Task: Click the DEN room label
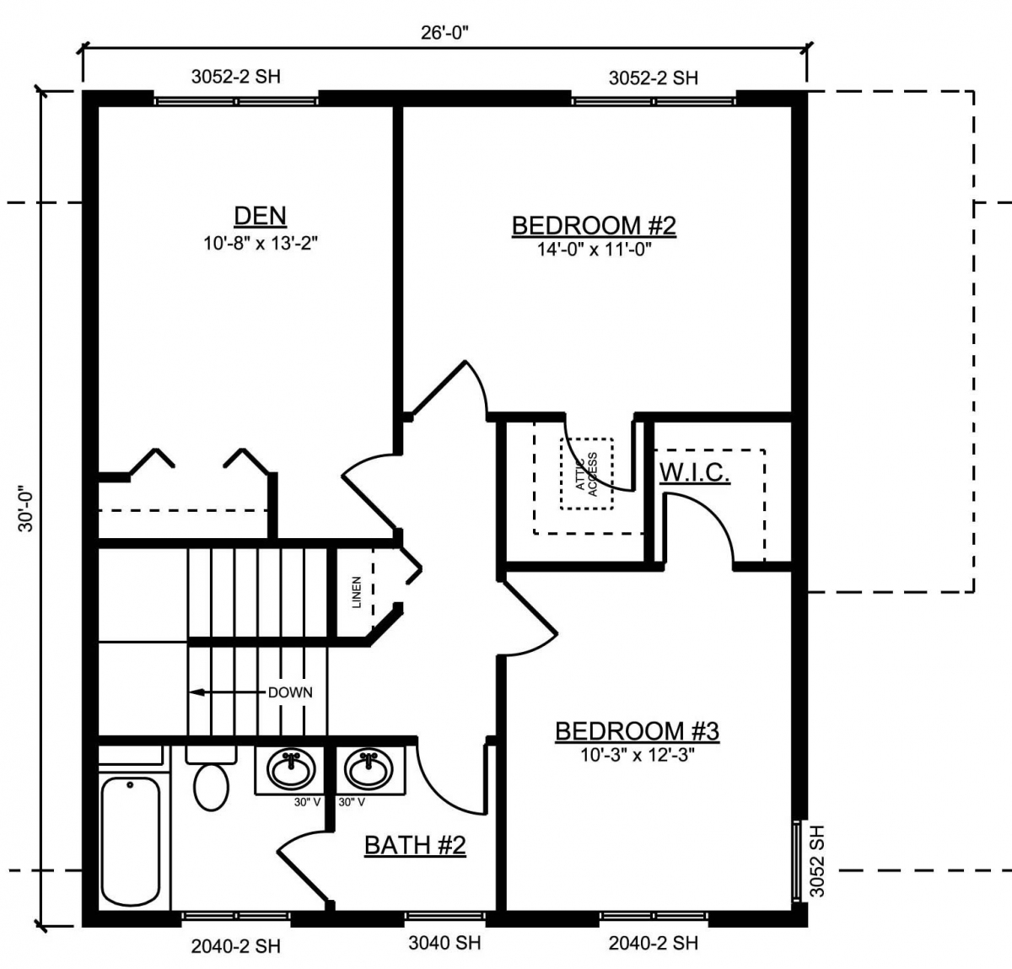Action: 260,216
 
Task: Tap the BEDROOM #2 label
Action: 594,226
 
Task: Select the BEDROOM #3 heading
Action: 637,731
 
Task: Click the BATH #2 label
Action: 415,845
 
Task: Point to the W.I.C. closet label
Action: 695,473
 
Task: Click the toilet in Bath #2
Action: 211,780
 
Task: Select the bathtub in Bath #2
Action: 131,842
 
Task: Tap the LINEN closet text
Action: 357,592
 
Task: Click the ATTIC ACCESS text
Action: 587,474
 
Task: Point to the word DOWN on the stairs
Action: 290,693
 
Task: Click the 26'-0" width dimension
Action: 444,33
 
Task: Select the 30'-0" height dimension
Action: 26,509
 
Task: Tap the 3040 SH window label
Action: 444,943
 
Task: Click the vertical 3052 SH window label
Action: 817,869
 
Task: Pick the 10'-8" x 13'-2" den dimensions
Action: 260,243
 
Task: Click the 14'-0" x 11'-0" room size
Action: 594,250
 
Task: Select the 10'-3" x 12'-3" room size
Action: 638,755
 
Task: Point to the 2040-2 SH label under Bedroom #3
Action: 654,943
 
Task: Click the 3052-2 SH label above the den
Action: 235,77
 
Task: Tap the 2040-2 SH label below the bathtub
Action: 235,946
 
